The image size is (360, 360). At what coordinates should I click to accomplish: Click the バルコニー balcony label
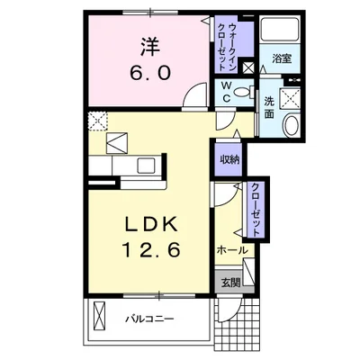pos(149,319)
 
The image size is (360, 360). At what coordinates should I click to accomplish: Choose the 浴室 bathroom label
pos(282,59)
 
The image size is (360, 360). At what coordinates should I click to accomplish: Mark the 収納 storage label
pos(229,160)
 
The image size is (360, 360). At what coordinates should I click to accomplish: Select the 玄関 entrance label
pos(230,282)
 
